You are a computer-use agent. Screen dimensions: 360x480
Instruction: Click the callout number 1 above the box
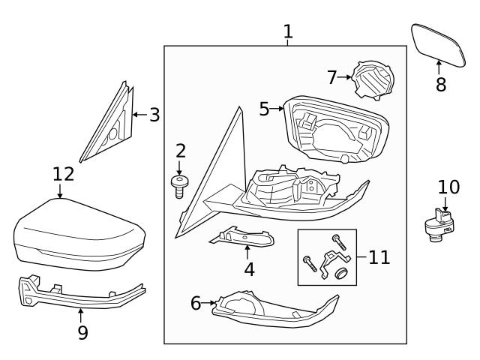point(288,31)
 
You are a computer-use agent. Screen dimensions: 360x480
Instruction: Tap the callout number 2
point(180,150)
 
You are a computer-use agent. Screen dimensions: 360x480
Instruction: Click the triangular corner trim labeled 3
point(109,124)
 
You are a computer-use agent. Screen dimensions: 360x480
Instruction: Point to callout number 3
point(154,115)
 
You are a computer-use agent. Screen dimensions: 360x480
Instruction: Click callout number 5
point(264,109)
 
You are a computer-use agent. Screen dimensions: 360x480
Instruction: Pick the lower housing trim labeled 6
point(270,309)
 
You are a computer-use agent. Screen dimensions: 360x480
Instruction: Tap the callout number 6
point(196,304)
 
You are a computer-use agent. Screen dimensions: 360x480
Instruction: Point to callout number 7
point(333,76)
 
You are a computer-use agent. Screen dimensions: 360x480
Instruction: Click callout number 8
point(441,85)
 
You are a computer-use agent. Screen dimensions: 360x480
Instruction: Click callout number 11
point(379,257)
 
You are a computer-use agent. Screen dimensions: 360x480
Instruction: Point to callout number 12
point(64,174)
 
